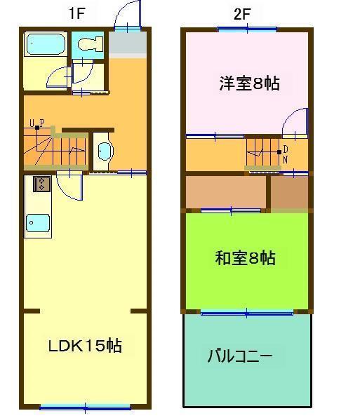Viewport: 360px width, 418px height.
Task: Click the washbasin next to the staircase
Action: (104, 151)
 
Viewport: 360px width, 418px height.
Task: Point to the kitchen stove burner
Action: (40, 184)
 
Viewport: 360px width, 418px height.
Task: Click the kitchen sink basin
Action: (38, 223)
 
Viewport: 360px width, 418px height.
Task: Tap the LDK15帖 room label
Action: (84, 346)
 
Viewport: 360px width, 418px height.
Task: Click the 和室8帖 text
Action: (245, 259)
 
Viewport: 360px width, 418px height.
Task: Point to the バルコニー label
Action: (239, 356)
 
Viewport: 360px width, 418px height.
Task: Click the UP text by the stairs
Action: (37, 124)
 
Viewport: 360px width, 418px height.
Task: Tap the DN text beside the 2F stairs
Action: (286, 154)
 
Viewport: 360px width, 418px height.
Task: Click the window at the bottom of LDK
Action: (85, 406)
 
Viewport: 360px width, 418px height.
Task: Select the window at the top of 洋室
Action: (246, 29)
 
